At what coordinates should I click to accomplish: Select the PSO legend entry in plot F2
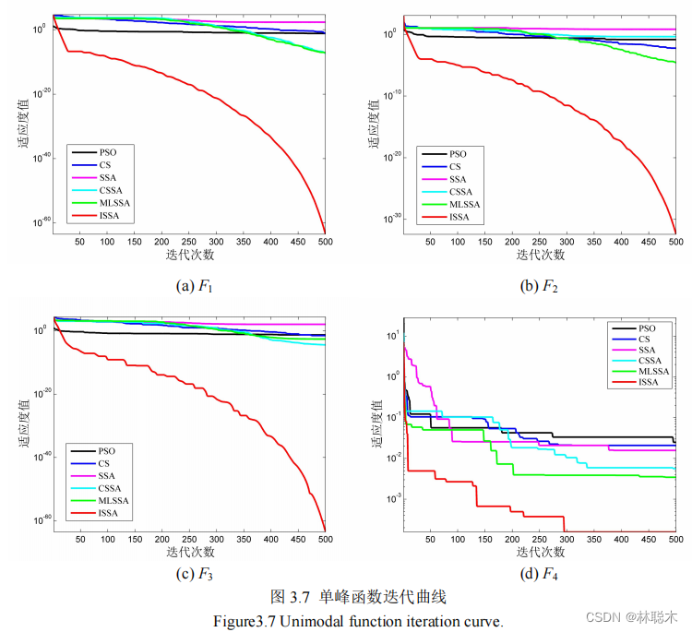pyautogui.click(x=458, y=153)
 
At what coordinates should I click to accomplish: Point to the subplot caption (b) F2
pyautogui.click(x=540, y=286)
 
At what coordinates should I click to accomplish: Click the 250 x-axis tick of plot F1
pyautogui.click(x=216, y=241)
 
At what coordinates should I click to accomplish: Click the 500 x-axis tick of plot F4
pyautogui.click(x=674, y=539)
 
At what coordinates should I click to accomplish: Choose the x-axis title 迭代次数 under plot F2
pyautogui.click(x=540, y=256)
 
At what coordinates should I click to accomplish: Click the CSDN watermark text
pyautogui.click(x=604, y=615)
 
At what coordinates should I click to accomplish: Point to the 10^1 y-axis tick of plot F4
pyautogui.click(x=392, y=336)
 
